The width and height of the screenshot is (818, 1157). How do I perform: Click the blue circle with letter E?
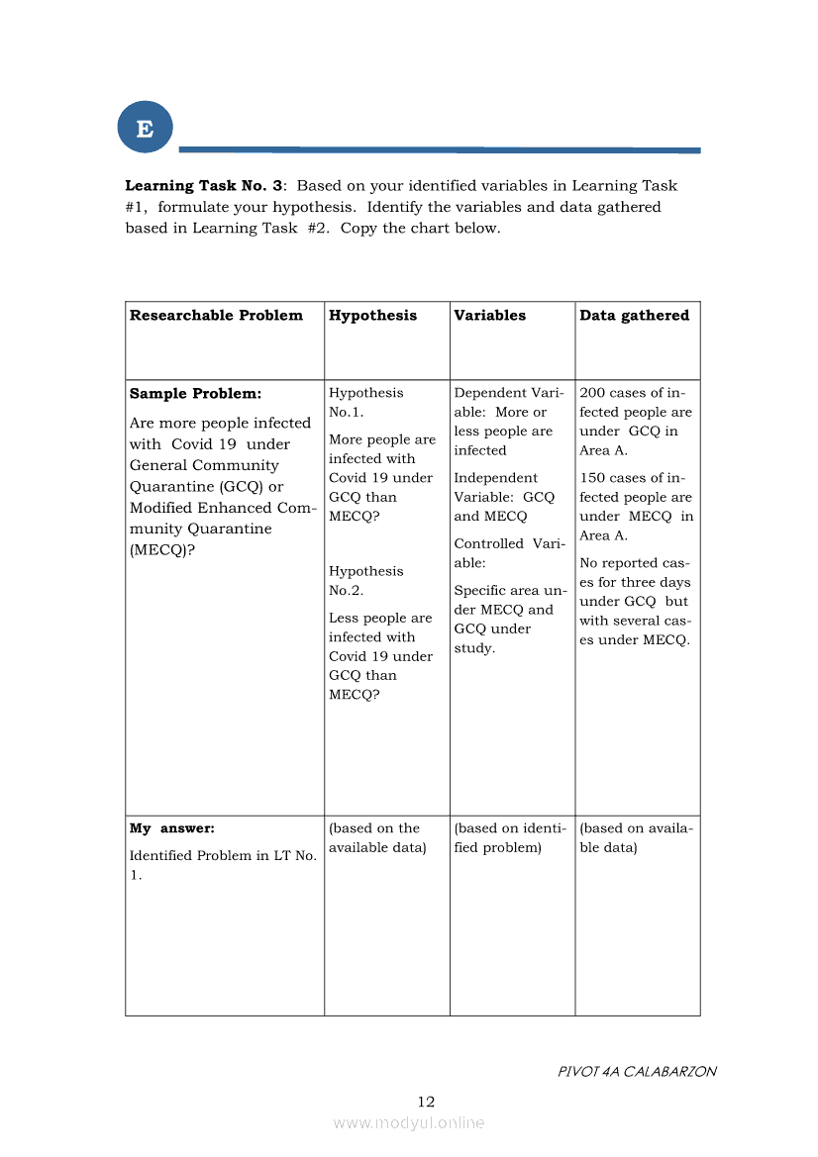point(145,129)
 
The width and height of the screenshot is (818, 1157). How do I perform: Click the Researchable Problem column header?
point(216,316)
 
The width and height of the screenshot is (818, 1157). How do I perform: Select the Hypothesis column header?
point(372,316)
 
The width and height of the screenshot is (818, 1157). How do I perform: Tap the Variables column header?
point(489,316)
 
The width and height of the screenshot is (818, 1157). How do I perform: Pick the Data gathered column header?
point(634,316)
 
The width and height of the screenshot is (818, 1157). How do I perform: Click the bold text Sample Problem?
point(195,394)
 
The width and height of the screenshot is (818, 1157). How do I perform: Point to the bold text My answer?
point(171,828)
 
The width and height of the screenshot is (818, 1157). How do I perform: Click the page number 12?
point(426,1102)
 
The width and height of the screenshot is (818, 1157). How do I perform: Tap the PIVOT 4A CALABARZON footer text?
point(637,1071)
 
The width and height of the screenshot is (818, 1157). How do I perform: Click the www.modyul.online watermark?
point(409,1122)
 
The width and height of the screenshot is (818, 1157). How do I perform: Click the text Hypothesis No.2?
point(365,581)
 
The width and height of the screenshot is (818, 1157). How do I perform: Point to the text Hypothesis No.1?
point(365,403)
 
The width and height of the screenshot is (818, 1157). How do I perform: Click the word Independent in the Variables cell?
point(495,478)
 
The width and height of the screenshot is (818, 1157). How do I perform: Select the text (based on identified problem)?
point(509,838)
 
